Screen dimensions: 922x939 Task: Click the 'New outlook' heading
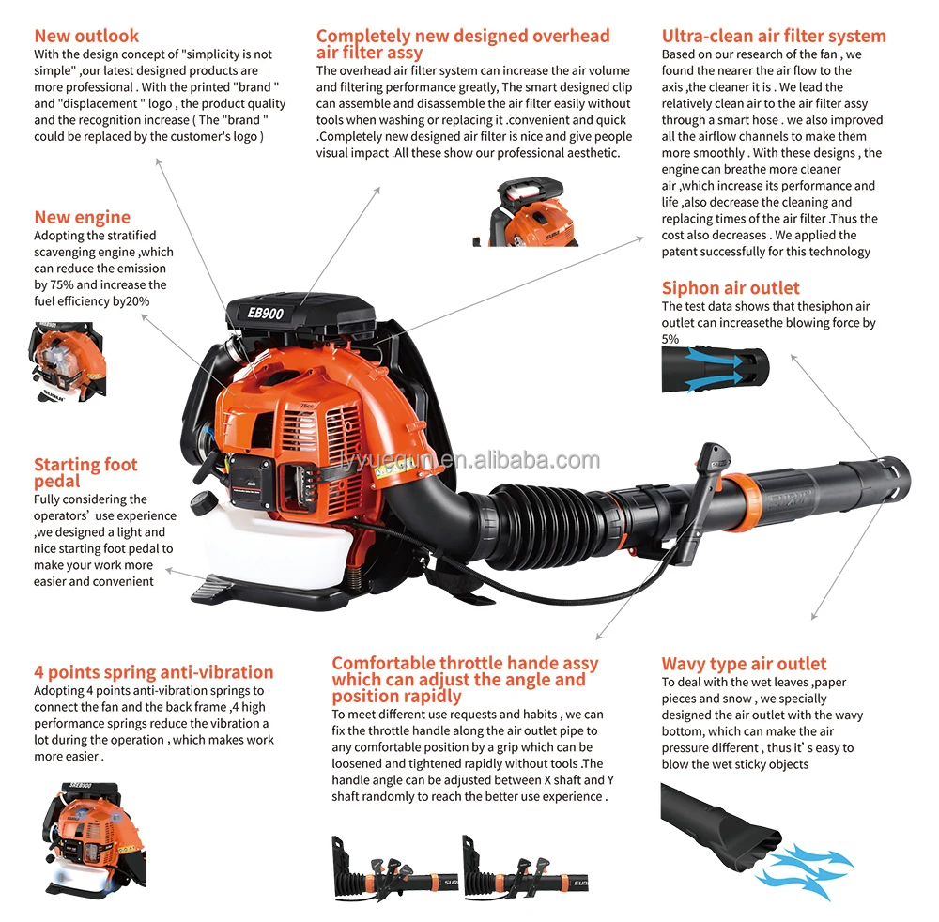coord(86,37)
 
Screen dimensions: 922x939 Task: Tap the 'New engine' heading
coord(83,218)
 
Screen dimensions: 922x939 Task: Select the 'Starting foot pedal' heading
coord(85,472)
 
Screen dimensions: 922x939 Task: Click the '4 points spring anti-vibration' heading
coord(154,672)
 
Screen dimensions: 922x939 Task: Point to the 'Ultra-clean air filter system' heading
coord(774,37)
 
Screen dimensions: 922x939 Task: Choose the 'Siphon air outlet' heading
coord(731,288)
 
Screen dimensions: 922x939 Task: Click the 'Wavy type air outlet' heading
coord(744,664)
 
